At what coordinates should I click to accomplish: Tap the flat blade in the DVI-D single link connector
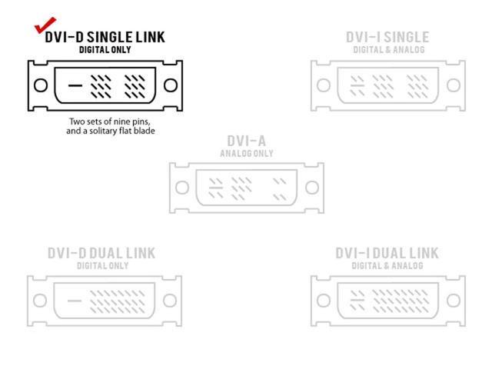(75, 85)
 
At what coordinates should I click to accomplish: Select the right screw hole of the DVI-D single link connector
(171, 85)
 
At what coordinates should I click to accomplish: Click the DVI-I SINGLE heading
(387, 37)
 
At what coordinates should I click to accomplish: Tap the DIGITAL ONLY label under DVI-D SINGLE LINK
(105, 50)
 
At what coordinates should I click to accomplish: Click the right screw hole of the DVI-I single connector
(454, 85)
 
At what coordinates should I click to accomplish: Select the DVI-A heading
(246, 141)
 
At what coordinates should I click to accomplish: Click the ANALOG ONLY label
(246, 153)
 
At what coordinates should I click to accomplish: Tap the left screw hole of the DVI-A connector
(181, 187)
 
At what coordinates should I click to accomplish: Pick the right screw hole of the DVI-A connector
(311, 187)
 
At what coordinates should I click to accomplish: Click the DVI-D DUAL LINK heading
(101, 253)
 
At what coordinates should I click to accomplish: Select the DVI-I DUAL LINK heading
(387, 253)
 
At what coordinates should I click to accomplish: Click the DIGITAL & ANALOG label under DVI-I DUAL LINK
(387, 266)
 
